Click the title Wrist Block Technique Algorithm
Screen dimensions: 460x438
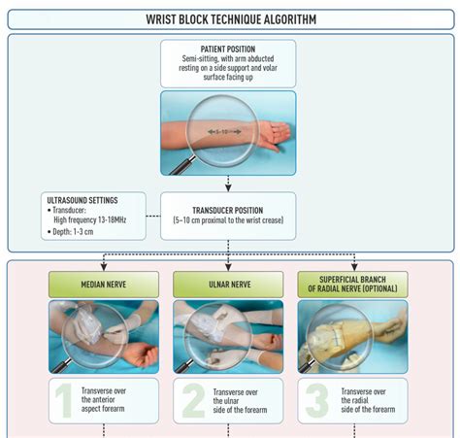[x=231, y=19]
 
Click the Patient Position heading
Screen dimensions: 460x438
[x=228, y=50]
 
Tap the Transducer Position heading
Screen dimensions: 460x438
[x=228, y=211]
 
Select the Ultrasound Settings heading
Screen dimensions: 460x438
[x=82, y=200]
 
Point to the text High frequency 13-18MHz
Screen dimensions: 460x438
[x=89, y=219]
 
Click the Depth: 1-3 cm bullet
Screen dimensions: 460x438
[x=71, y=232]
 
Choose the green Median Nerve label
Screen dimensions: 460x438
[x=104, y=285]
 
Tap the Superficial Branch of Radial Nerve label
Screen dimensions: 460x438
[x=352, y=285]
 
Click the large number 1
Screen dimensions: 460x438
[x=64, y=400]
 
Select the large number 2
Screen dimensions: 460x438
[x=193, y=400]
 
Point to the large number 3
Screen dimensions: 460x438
[x=316, y=400]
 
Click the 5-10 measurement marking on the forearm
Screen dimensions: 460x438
[x=224, y=132]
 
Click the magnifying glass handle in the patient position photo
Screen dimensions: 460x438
[x=182, y=165]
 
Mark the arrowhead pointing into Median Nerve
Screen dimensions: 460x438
[x=104, y=266]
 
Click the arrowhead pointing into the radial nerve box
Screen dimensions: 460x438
[x=354, y=266]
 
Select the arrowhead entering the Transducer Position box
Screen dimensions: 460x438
[x=228, y=187]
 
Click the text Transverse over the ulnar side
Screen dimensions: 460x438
[x=240, y=401]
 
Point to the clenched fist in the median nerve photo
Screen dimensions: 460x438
[x=141, y=354]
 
